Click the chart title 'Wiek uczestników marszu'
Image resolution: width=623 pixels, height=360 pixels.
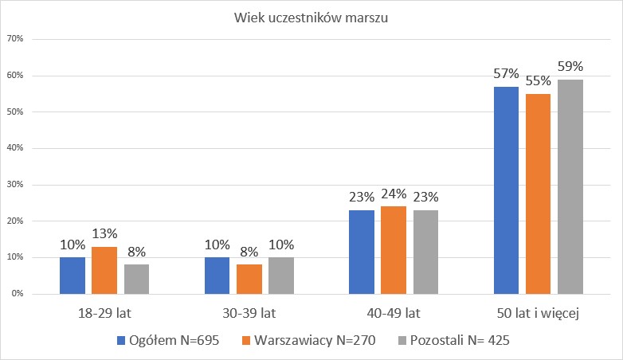[x=311, y=18]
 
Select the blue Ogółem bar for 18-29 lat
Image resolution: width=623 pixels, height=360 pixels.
[x=72, y=275]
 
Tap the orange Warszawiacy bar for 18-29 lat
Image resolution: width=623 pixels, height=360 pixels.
[x=104, y=270]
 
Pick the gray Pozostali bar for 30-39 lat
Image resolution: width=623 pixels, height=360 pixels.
[x=280, y=275]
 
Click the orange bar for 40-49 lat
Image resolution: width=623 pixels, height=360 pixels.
[x=394, y=250]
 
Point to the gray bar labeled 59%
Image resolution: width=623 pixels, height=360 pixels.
[x=570, y=186]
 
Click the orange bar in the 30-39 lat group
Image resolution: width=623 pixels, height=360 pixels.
[x=249, y=279]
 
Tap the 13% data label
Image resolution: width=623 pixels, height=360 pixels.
[x=104, y=234]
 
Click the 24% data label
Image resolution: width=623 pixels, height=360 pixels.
[x=394, y=194]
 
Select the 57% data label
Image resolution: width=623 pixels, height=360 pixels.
[x=506, y=74]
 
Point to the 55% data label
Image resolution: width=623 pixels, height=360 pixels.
[x=538, y=81]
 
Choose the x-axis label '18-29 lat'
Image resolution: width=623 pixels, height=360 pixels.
[x=104, y=314]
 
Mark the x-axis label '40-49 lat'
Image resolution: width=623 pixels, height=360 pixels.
[x=394, y=314]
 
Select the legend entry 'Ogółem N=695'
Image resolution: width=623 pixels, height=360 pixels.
[x=163, y=341]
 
